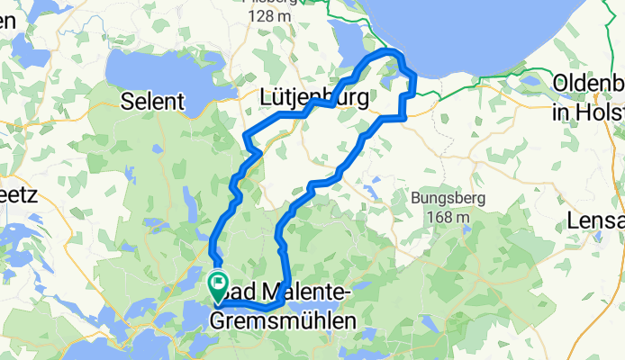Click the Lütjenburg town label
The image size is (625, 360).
(312, 97)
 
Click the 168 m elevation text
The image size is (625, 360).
(450, 217)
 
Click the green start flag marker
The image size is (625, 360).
(218, 283)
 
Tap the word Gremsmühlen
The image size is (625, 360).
(282, 319)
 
